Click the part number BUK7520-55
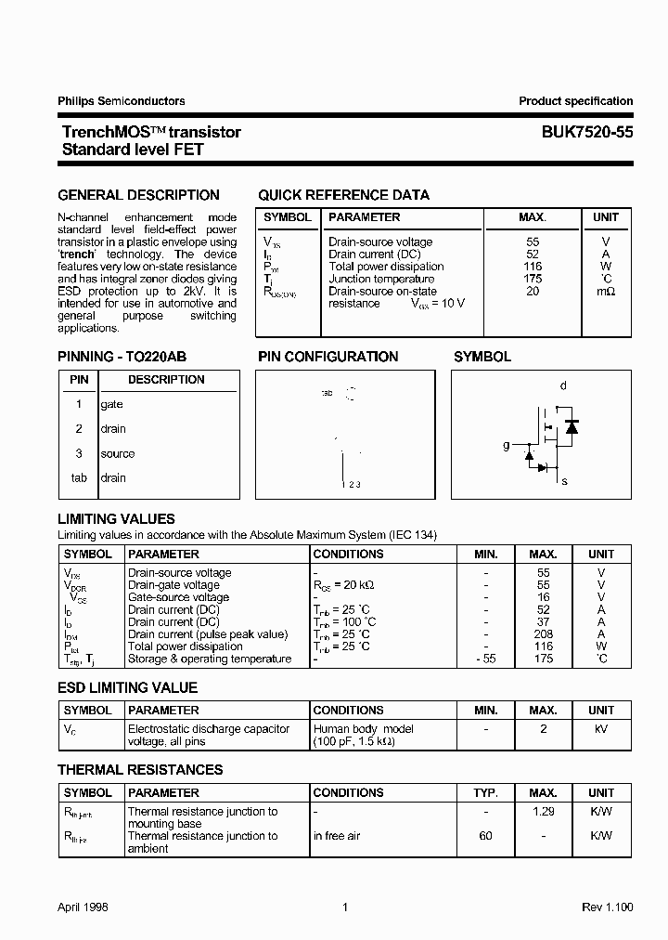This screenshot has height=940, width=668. pyautogui.click(x=587, y=133)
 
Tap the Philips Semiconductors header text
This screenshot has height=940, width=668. pyautogui.click(x=121, y=101)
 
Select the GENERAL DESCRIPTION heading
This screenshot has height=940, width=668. pyautogui.click(x=138, y=195)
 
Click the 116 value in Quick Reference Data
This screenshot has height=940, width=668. pyautogui.click(x=532, y=267)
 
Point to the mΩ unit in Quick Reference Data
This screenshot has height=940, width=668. pyautogui.click(x=606, y=291)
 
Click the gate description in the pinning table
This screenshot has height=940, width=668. pyautogui.click(x=111, y=405)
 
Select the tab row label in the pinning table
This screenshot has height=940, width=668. pyautogui.click(x=79, y=478)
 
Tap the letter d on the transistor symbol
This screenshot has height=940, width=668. pyautogui.click(x=563, y=385)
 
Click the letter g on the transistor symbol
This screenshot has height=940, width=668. pyautogui.click(x=507, y=446)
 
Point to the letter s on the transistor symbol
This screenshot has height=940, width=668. pyautogui.click(x=564, y=481)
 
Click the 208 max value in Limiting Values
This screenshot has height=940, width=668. pyautogui.click(x=544, y=634)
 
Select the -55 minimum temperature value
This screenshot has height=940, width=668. pyautogui.click(x=485, y=659)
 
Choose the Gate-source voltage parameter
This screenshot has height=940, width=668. pyautogui.click(x=178, y=597)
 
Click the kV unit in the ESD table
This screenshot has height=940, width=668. pyautogui.click(x=601, y=729)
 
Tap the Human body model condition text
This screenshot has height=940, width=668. pyautogui.click(x=363, y=729)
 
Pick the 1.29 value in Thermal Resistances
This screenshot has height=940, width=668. pyautogui.click(x=544, y=812)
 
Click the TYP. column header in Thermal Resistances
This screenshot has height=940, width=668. pyautogui.click(x=485, y=793)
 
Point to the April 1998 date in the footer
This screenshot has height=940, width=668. pyautogui.click(x=83, y=907)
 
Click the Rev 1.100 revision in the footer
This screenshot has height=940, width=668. pyautogui.click(x=607, y=907)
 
